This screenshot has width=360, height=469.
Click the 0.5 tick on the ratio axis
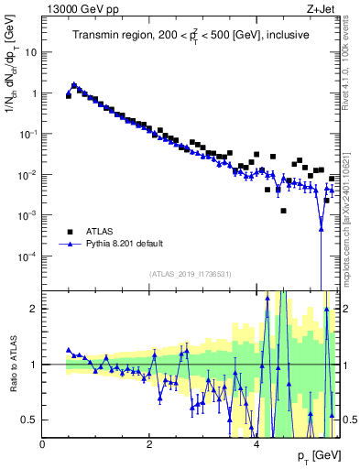point(29,420)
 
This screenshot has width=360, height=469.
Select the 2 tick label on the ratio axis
point(35,309)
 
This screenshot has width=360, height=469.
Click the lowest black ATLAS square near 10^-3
point(284,211)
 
